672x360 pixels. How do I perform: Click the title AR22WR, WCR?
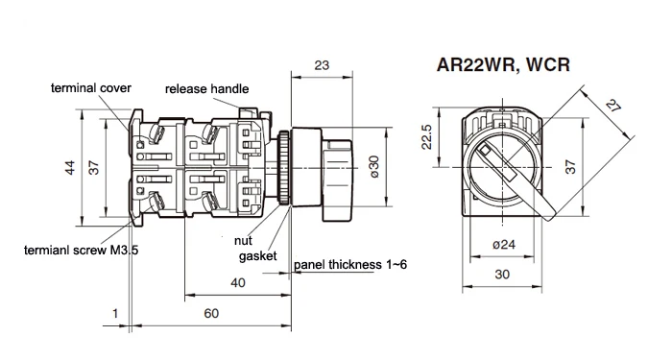(503, 64)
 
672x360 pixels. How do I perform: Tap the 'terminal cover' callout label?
(91, 88)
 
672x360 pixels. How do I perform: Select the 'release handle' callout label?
(206, 88)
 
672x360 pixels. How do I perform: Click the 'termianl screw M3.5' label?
(81, 250)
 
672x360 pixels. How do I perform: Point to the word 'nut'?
(243, 241)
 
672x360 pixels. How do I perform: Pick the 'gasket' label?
(257, 256)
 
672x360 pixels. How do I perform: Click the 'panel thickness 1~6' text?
(350, 264)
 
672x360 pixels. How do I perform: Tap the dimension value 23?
(322, 65)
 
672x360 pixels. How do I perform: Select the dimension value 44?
(70, 167)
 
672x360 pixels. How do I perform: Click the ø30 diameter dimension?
(373, 167)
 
